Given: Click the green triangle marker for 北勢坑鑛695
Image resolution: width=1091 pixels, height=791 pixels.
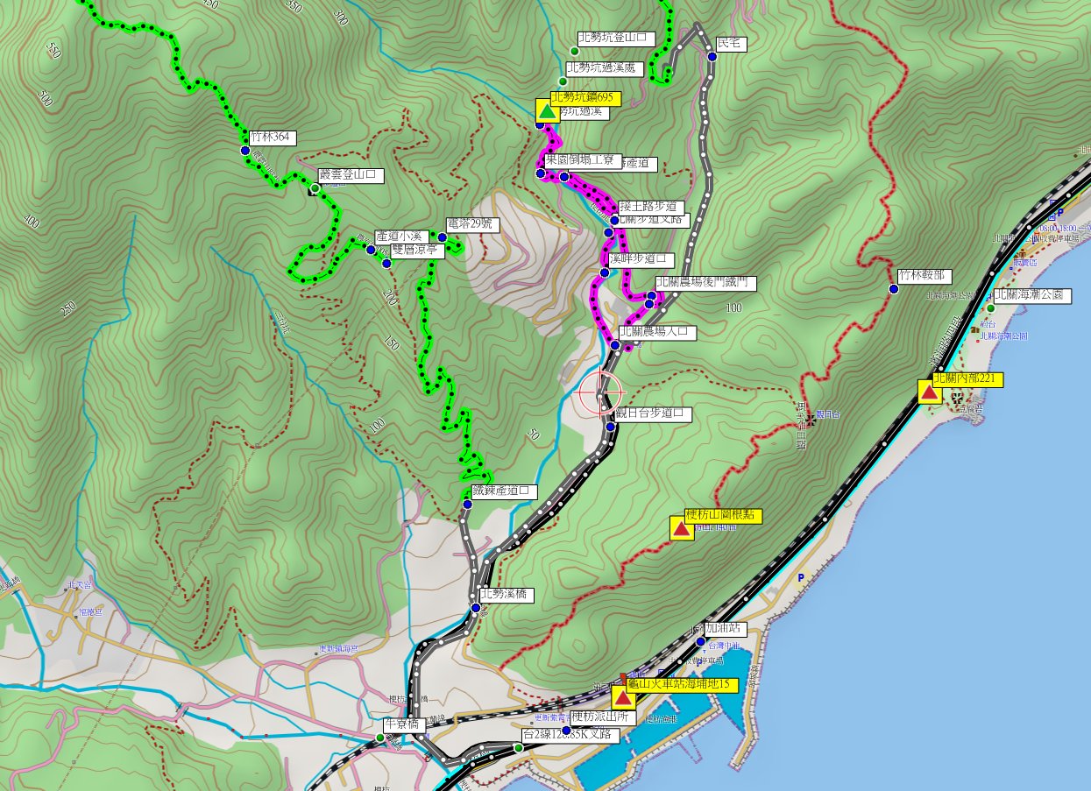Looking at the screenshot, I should point(547,111).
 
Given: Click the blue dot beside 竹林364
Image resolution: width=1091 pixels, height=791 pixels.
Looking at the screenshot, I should point(245,151).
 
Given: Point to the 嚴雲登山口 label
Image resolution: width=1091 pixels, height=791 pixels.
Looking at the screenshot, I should point(351,175).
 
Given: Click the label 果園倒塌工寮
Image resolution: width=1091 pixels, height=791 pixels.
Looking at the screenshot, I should point(580,160).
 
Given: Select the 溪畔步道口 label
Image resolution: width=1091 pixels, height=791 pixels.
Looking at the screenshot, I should point(641,259).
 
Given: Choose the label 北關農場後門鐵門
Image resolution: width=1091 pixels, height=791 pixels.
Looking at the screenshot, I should point(705,282).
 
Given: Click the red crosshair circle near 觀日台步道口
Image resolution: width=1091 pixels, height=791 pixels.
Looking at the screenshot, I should point(600,394).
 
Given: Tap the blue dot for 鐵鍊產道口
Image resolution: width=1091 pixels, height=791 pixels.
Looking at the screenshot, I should point(467,505).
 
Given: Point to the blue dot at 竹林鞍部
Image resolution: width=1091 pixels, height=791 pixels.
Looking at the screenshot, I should point(894,288).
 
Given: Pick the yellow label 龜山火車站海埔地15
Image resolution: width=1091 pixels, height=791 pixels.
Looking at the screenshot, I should point(682,684).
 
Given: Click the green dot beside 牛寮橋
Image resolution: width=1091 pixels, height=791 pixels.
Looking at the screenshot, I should point(380,738).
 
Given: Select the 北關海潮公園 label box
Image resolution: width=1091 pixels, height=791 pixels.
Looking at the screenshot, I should point(1031,295).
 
